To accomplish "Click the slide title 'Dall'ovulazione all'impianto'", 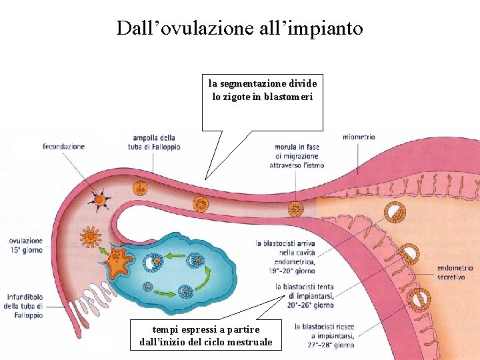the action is point(239,28).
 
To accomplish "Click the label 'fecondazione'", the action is point(64,147).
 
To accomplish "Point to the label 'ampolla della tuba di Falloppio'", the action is point(154,143).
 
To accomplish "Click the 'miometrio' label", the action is point(359,137).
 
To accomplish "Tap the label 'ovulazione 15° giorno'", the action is point(26,245).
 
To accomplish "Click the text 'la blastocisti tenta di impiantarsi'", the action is point(305,296).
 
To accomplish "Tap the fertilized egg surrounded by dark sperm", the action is point(100,199).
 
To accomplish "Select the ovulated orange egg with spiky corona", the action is point(89,236).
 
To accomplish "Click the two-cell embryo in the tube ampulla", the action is point(140,189).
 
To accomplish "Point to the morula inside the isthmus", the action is point(295,209).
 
